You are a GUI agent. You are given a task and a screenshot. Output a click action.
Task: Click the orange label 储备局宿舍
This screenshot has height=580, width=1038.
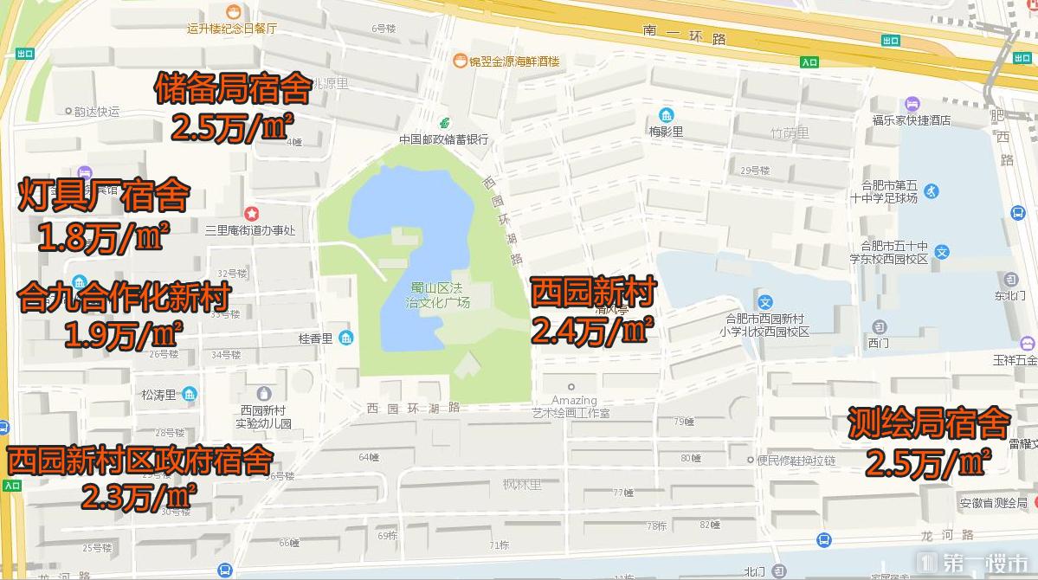233,89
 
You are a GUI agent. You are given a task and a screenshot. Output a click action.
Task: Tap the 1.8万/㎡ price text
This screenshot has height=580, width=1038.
104,237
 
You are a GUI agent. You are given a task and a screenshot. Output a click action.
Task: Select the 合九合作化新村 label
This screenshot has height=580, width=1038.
123,298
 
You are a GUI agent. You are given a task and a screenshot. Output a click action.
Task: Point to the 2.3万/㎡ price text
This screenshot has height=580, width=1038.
139,497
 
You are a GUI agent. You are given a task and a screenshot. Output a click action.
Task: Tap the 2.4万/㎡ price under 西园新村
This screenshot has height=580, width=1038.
592,330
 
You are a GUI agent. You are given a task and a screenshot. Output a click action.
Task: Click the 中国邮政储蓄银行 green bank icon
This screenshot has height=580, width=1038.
444,123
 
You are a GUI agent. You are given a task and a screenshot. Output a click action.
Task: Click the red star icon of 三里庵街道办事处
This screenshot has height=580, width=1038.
251,213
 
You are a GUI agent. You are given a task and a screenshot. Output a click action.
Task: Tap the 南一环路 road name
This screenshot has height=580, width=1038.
685,35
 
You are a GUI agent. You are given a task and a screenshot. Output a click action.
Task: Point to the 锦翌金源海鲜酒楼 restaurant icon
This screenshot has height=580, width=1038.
460,61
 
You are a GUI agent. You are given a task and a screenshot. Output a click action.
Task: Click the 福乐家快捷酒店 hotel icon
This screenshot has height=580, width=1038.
911,105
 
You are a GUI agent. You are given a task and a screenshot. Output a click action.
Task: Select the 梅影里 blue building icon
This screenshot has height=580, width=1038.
666,115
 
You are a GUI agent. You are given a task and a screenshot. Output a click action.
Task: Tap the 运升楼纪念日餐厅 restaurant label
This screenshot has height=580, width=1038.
232,28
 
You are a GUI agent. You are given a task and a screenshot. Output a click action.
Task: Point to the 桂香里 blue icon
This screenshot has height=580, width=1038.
346,338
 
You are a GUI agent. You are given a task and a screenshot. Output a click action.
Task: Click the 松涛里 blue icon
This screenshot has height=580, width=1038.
190,395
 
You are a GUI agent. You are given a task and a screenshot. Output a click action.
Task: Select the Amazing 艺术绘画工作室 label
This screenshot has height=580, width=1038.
571,406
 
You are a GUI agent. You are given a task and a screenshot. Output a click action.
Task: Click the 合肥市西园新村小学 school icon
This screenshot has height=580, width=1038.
765,303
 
